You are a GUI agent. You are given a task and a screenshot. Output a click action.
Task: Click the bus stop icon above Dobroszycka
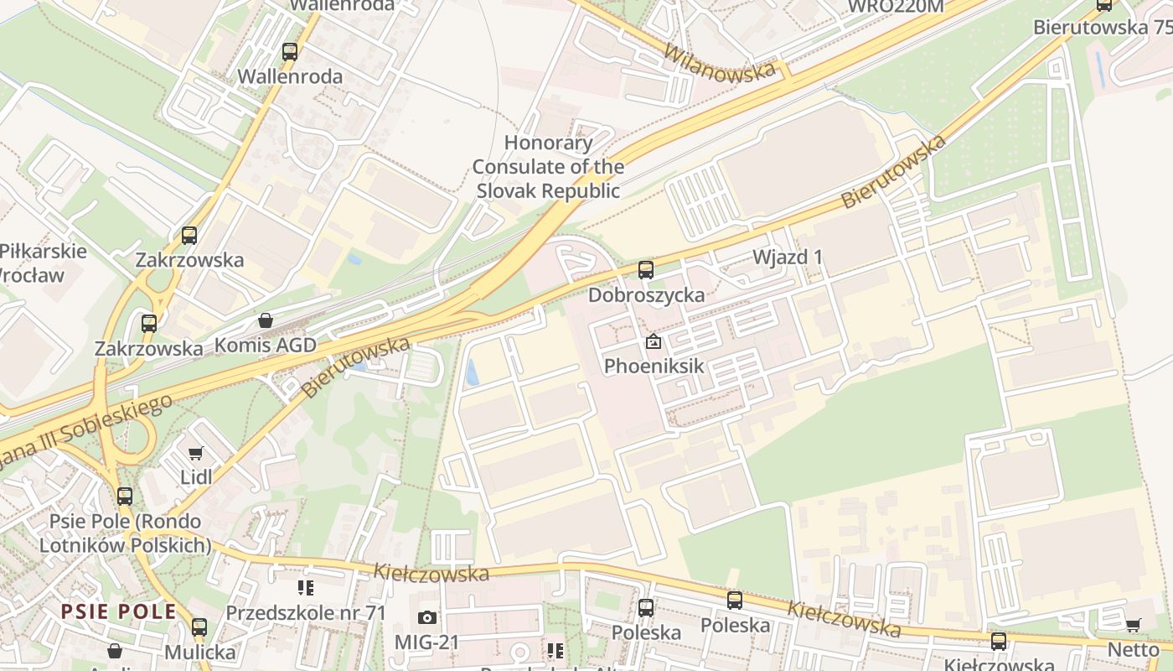645,270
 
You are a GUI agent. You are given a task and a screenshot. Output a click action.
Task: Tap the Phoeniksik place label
654,367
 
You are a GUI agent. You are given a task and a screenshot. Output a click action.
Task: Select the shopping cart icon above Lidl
196,454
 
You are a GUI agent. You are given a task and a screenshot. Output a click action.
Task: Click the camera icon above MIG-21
426,618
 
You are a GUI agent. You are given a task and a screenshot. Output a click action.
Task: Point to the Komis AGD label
266,345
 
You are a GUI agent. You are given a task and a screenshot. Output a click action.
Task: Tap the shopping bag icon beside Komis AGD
266,320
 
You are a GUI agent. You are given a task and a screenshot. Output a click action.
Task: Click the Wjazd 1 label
787,257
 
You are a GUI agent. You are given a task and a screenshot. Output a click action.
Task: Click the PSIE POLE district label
118,611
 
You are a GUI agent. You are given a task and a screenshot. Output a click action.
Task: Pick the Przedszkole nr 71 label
306,612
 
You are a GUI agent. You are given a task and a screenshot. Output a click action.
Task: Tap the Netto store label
1134,649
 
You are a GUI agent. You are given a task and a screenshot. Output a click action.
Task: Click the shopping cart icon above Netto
1134,625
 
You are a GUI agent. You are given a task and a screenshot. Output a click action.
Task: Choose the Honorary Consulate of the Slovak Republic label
548,167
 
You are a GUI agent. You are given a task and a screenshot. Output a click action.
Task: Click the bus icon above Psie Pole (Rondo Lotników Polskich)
125,497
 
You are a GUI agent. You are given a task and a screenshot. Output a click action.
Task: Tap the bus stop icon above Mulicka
199,627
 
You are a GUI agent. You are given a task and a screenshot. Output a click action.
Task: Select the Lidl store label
196,477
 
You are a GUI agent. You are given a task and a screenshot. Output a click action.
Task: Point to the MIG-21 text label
426,642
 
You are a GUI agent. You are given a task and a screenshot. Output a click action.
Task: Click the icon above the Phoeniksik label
654,342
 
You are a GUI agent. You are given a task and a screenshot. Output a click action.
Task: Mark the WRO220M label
896,7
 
